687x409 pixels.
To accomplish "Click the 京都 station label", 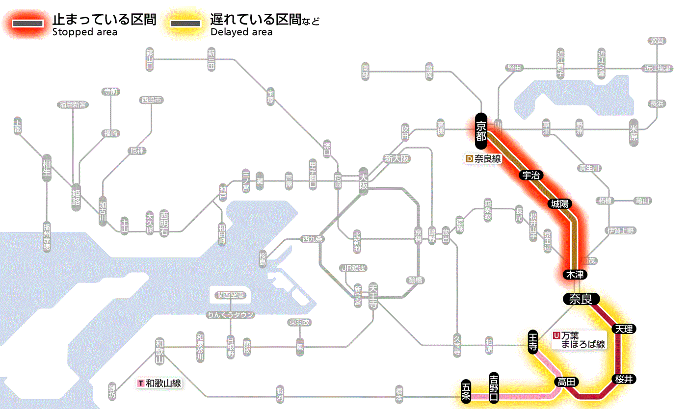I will [x=481, y=131].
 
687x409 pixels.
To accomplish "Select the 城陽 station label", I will [x=560, y=204].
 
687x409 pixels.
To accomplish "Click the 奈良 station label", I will [x=581, y=299].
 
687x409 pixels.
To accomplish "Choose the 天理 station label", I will [x=624, y=329].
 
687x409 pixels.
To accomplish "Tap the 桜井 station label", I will [x=624, y=379].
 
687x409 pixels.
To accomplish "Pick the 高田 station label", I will [x=567, y=382].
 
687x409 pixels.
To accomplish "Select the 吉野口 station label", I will [x=494, y=387].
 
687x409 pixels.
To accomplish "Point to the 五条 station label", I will [x=466, y=391].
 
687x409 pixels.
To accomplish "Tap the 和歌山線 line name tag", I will [x=159, y=383].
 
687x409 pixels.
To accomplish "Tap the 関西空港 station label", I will [x=230, y=295].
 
